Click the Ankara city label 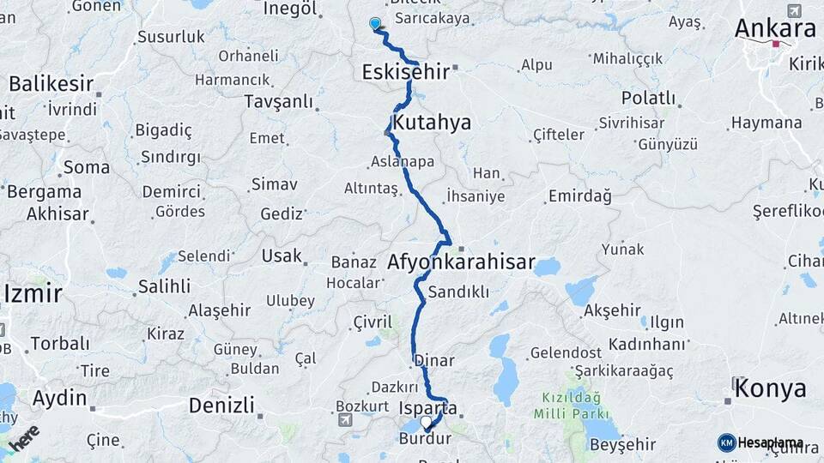pos(775,28)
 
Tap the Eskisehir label pos(405,72)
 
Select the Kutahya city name pos(432,123)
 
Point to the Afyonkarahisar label pos(461,262)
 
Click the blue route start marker pos(375,23)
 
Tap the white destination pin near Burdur pos(426,422)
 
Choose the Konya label pos(771,388)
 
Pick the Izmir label pos(33,294)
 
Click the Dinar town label pos(433,361)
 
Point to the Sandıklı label pos(458,291)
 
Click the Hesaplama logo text pos(770,442)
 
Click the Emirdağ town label pos(579,196)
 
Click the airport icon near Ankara pos(793,10)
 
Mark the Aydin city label pos(59,398)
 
